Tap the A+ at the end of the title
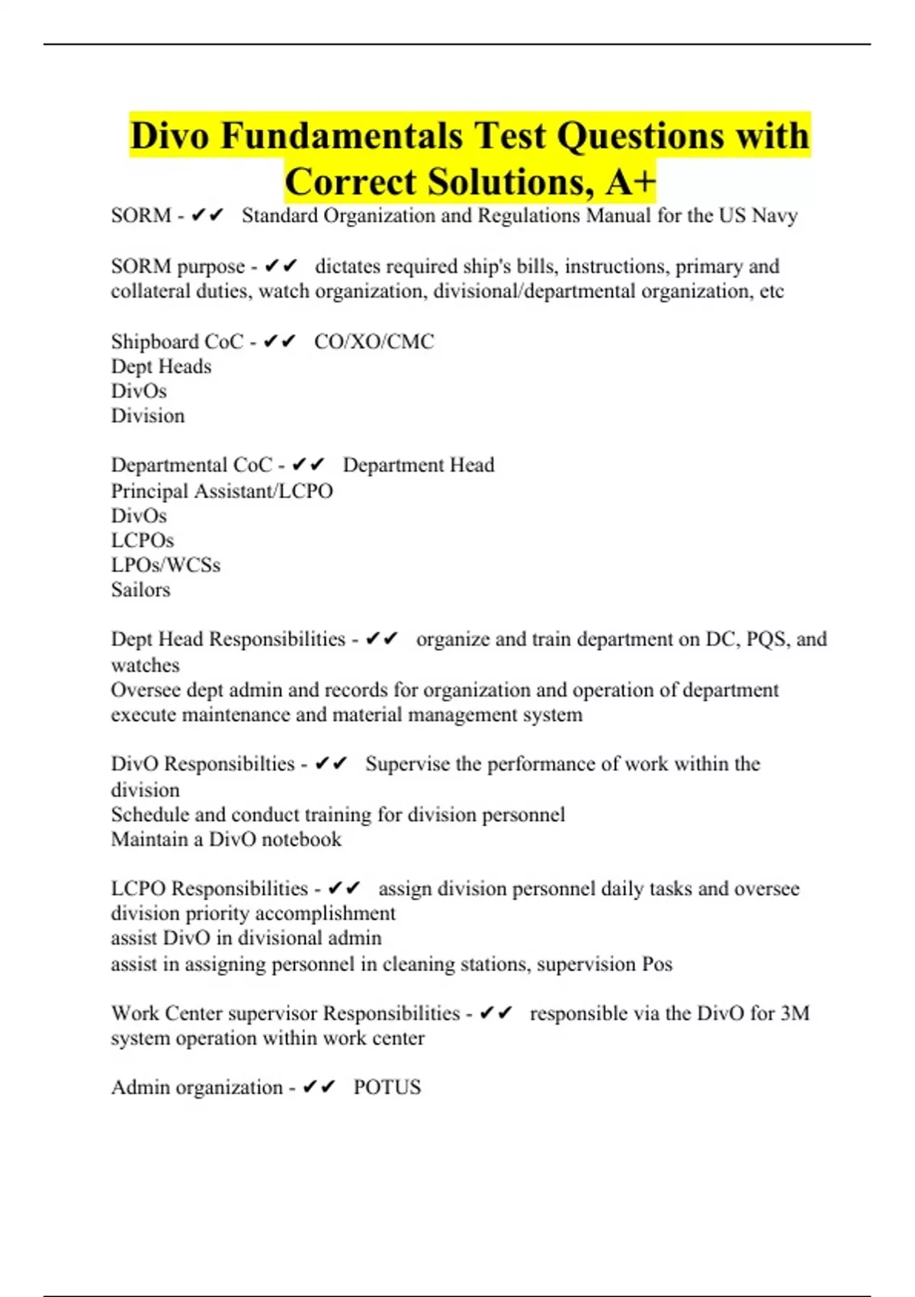(x=631, y=182)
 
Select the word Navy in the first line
(x=775, y=216)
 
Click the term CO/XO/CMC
(x=374, y=341)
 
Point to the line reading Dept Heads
(x=161, y=366)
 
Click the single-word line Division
(x=148, y=416)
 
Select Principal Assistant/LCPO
(x=222, y=491)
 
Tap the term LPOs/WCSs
(x=165, y=565)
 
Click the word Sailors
(x=140, y=590)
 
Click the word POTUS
(x=387, y=1087)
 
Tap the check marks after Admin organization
(x=319, y=1087)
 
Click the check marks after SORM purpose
(x=281, y=266)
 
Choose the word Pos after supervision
(x=657, y=964)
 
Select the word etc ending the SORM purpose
(x=772, y=291)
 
